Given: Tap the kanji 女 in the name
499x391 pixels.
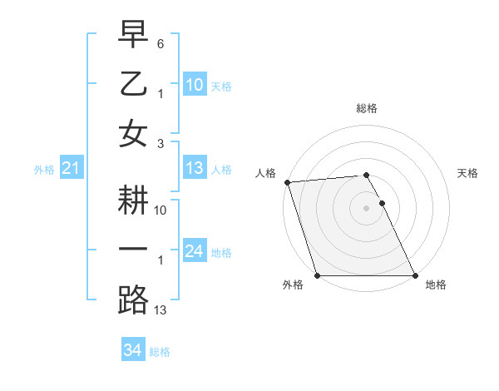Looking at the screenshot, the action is (x=133, y=132).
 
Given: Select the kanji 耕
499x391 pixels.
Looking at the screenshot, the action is (x=133, y=200).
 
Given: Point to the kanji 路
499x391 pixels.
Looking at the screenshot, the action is (x=133, y=299).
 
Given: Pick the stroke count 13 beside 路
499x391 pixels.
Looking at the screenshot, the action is (x=161, y=310).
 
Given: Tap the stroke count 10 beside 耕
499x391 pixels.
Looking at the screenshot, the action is (x=161, y=210).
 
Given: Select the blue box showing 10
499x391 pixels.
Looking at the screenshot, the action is (x=194, y=85).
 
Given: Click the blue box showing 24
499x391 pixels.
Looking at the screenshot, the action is (x=194, y=251).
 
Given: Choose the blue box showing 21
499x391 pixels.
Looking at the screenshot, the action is (x=71, y=169).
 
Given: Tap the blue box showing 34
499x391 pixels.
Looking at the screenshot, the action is (x=132, y=351).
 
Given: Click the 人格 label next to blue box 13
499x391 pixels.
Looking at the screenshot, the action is (x=221, y=170).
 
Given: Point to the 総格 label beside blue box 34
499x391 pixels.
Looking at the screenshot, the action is (x=160, y=352).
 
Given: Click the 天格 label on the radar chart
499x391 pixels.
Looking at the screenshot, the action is (x=467, y=173).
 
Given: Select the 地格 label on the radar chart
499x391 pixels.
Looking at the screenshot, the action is (x=436, y=285).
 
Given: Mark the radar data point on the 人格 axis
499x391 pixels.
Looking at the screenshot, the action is (x=287, y=182).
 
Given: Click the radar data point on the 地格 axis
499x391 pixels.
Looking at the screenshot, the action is (x=414, y=275).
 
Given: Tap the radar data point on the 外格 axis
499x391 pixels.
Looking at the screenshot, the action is (x=317, y=275).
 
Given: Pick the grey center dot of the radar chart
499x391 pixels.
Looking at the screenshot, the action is (x=366, y=208).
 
